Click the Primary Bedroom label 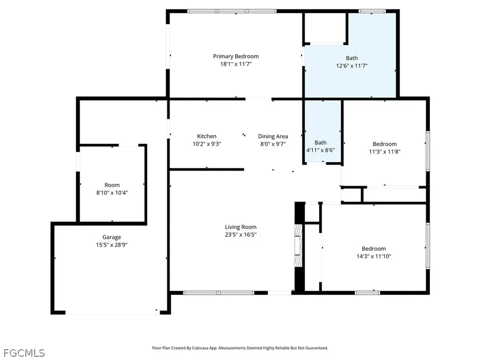[x=236, y=56]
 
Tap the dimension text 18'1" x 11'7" [x=236, y=65]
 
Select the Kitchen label [x=207, y=136]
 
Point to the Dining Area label [x=273, y=136]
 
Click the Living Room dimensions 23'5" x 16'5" [x=241, y=235]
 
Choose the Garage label [x=112, y=237]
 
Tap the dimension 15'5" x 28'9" [x=112, y=245]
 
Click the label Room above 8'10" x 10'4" [x=112, y=185]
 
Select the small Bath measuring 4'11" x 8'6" [x=321, y=142]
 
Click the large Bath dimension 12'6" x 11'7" [x=352, y=66]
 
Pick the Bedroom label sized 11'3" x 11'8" [x=384, y=144]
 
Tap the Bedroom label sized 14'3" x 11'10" [x=374, y=248]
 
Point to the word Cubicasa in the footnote [x=209, y=348]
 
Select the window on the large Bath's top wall [x=372, y=11]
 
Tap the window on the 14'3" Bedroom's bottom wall [x=367, y=292]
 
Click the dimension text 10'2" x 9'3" [x=207, y=144]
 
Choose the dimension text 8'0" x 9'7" [x=273, y=144]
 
